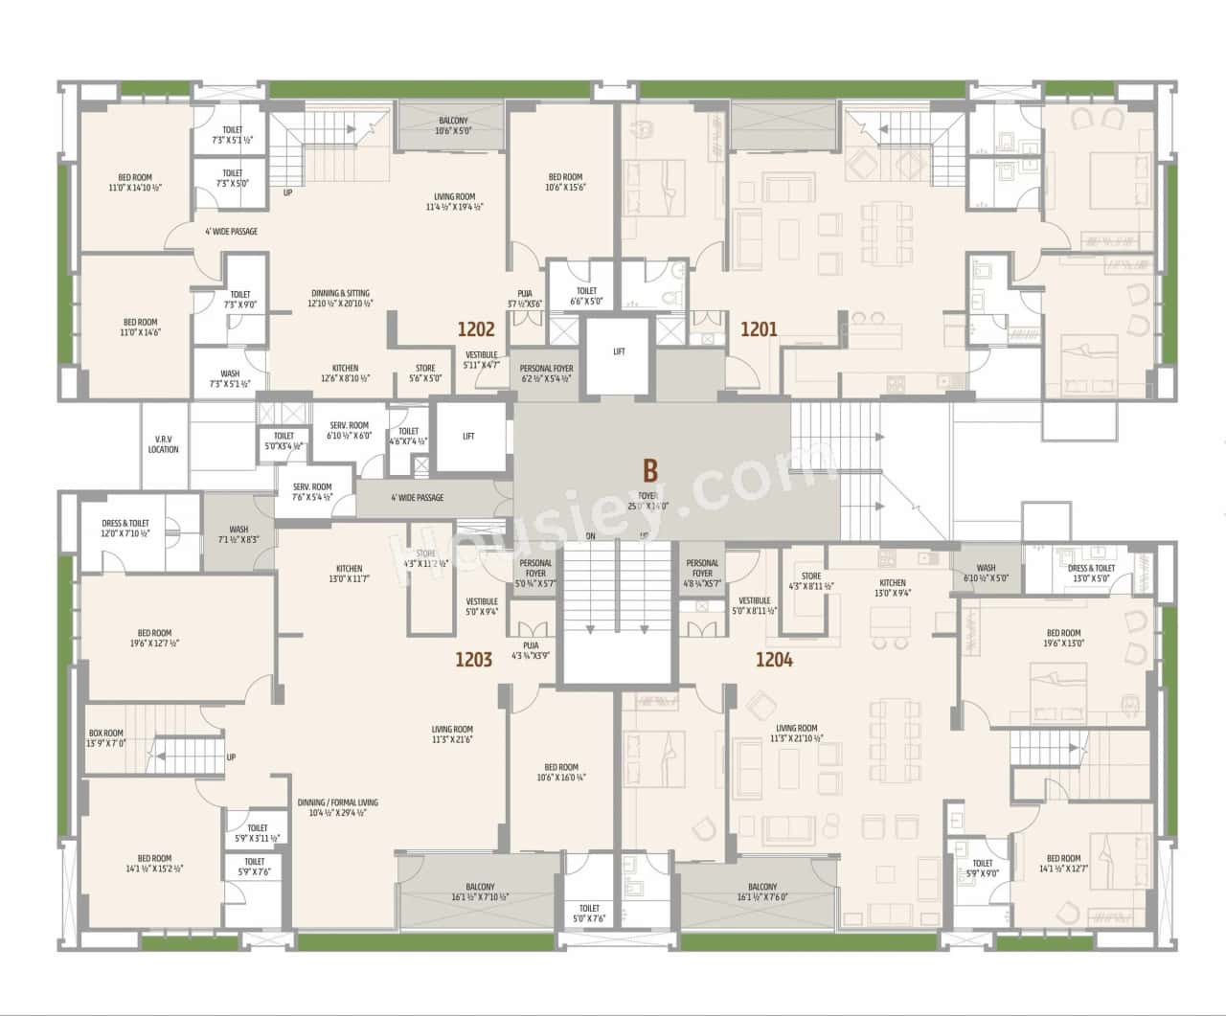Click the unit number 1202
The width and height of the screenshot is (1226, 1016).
tap(475, 330)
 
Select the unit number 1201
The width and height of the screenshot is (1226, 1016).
tap(759, 330)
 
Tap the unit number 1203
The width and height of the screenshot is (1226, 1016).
tap(473, 659)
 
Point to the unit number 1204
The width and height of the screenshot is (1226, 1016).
tap(774, 659)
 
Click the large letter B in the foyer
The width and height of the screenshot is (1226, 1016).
tap(650, 471)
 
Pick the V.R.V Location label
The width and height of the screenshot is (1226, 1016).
tap(163, 443)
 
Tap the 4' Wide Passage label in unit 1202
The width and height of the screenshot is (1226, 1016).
tap(231, 231)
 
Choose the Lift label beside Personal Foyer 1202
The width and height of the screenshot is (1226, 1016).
tap(619, 351)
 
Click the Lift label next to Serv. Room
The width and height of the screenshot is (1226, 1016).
tap(468, 436)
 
